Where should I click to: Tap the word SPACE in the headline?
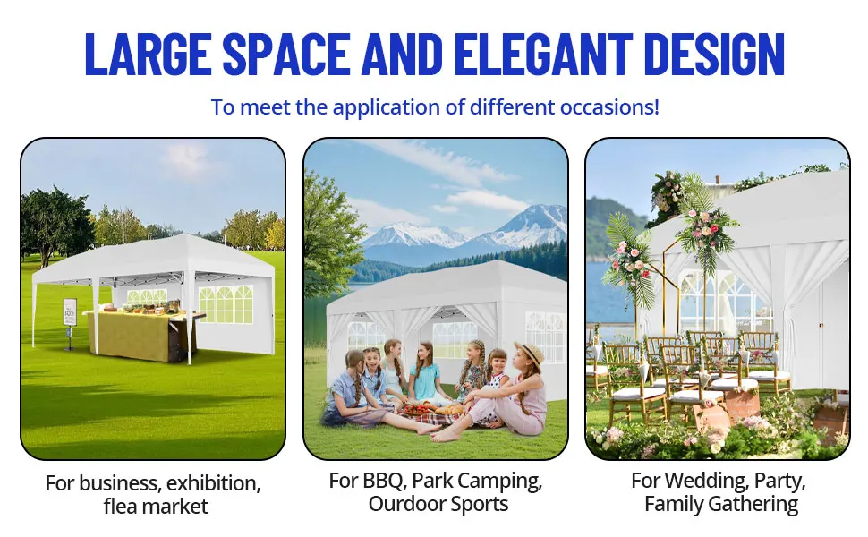(x=286, y=54)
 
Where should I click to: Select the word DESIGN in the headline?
(x=715, y=54)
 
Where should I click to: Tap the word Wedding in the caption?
(x=702, y=481)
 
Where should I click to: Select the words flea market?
(x=156, y=506)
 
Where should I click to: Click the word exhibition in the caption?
(x=213, y=483)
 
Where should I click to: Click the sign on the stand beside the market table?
(x=70, y=312)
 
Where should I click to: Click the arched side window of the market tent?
(x=226, y=304)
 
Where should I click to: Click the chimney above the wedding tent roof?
(x=718, y=179)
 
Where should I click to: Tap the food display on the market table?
(x=147, y=306)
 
